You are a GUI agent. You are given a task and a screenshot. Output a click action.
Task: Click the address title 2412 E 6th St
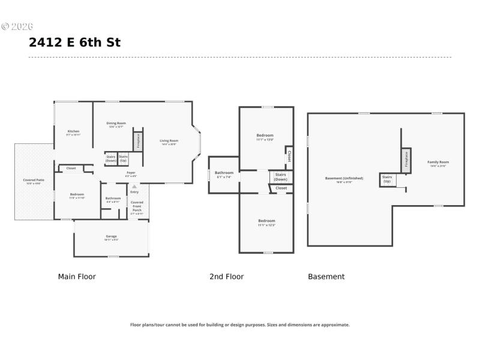74,43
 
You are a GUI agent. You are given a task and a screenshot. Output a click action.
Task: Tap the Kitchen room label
73,131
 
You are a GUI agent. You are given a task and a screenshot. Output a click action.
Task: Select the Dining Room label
116,123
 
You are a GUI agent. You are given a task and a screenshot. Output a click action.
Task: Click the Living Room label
169,141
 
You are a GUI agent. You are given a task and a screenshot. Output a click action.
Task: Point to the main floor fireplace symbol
138,140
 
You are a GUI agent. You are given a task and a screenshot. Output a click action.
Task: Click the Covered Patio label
34,180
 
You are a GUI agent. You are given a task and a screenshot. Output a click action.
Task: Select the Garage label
111,236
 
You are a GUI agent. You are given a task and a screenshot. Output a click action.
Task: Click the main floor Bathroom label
113,199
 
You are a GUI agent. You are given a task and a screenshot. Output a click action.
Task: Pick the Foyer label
131,173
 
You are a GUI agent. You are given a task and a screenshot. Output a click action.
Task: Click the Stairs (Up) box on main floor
123,158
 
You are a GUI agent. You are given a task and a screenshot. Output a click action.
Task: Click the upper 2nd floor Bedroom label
265,136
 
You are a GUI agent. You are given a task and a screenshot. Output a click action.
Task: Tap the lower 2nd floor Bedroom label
266,221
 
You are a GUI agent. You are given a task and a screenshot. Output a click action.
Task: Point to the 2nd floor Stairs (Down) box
280,176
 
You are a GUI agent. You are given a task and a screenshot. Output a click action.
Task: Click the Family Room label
438,162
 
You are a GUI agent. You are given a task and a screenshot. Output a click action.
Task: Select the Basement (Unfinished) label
344,178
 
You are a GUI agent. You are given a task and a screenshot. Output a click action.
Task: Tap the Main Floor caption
77,277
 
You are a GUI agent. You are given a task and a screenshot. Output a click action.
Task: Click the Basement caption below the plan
326,277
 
